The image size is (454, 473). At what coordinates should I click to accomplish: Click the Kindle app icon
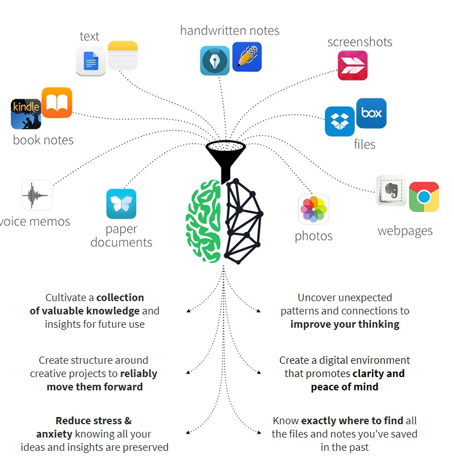coord(26,114)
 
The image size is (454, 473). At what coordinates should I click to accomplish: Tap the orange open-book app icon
coord(56,103)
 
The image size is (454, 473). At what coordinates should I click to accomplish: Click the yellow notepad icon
coord(122,55)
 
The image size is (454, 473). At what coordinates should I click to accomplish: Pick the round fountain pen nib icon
coord(214,60)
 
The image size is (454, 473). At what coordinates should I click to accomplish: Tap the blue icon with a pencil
coord(247,57)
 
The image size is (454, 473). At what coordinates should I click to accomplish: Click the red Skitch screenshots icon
coord(353,65)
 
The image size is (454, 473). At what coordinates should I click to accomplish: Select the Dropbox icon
coord(339,121)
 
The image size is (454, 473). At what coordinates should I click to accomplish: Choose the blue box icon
coord(371,113)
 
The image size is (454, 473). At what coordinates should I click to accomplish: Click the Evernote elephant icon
coord(391,191)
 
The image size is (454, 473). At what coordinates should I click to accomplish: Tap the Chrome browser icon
coord(424,197)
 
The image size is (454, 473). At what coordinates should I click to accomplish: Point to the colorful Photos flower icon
coord(314,210)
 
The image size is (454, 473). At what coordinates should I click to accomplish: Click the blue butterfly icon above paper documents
coord(121,204)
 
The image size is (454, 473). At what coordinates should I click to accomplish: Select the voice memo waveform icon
coord(37,195)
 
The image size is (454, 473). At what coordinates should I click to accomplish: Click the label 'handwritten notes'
coord(230,30)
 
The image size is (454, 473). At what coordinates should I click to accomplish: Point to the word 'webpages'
coord(405,231)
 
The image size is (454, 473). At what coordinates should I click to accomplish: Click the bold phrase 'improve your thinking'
coord(345,324)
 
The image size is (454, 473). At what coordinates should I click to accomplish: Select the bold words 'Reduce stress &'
coord(94,420)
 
